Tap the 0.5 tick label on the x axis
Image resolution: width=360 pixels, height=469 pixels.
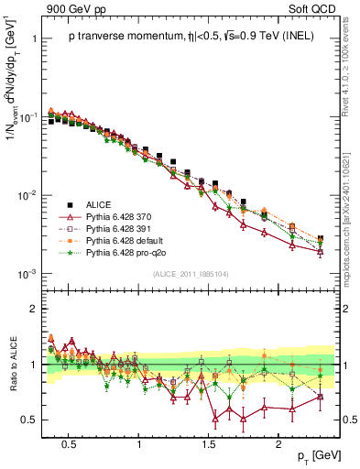[x=68, y=442]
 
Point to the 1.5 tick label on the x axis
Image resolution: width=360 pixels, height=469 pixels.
[x=210, y=442]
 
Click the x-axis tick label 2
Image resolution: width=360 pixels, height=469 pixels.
[x=281, y=442]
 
